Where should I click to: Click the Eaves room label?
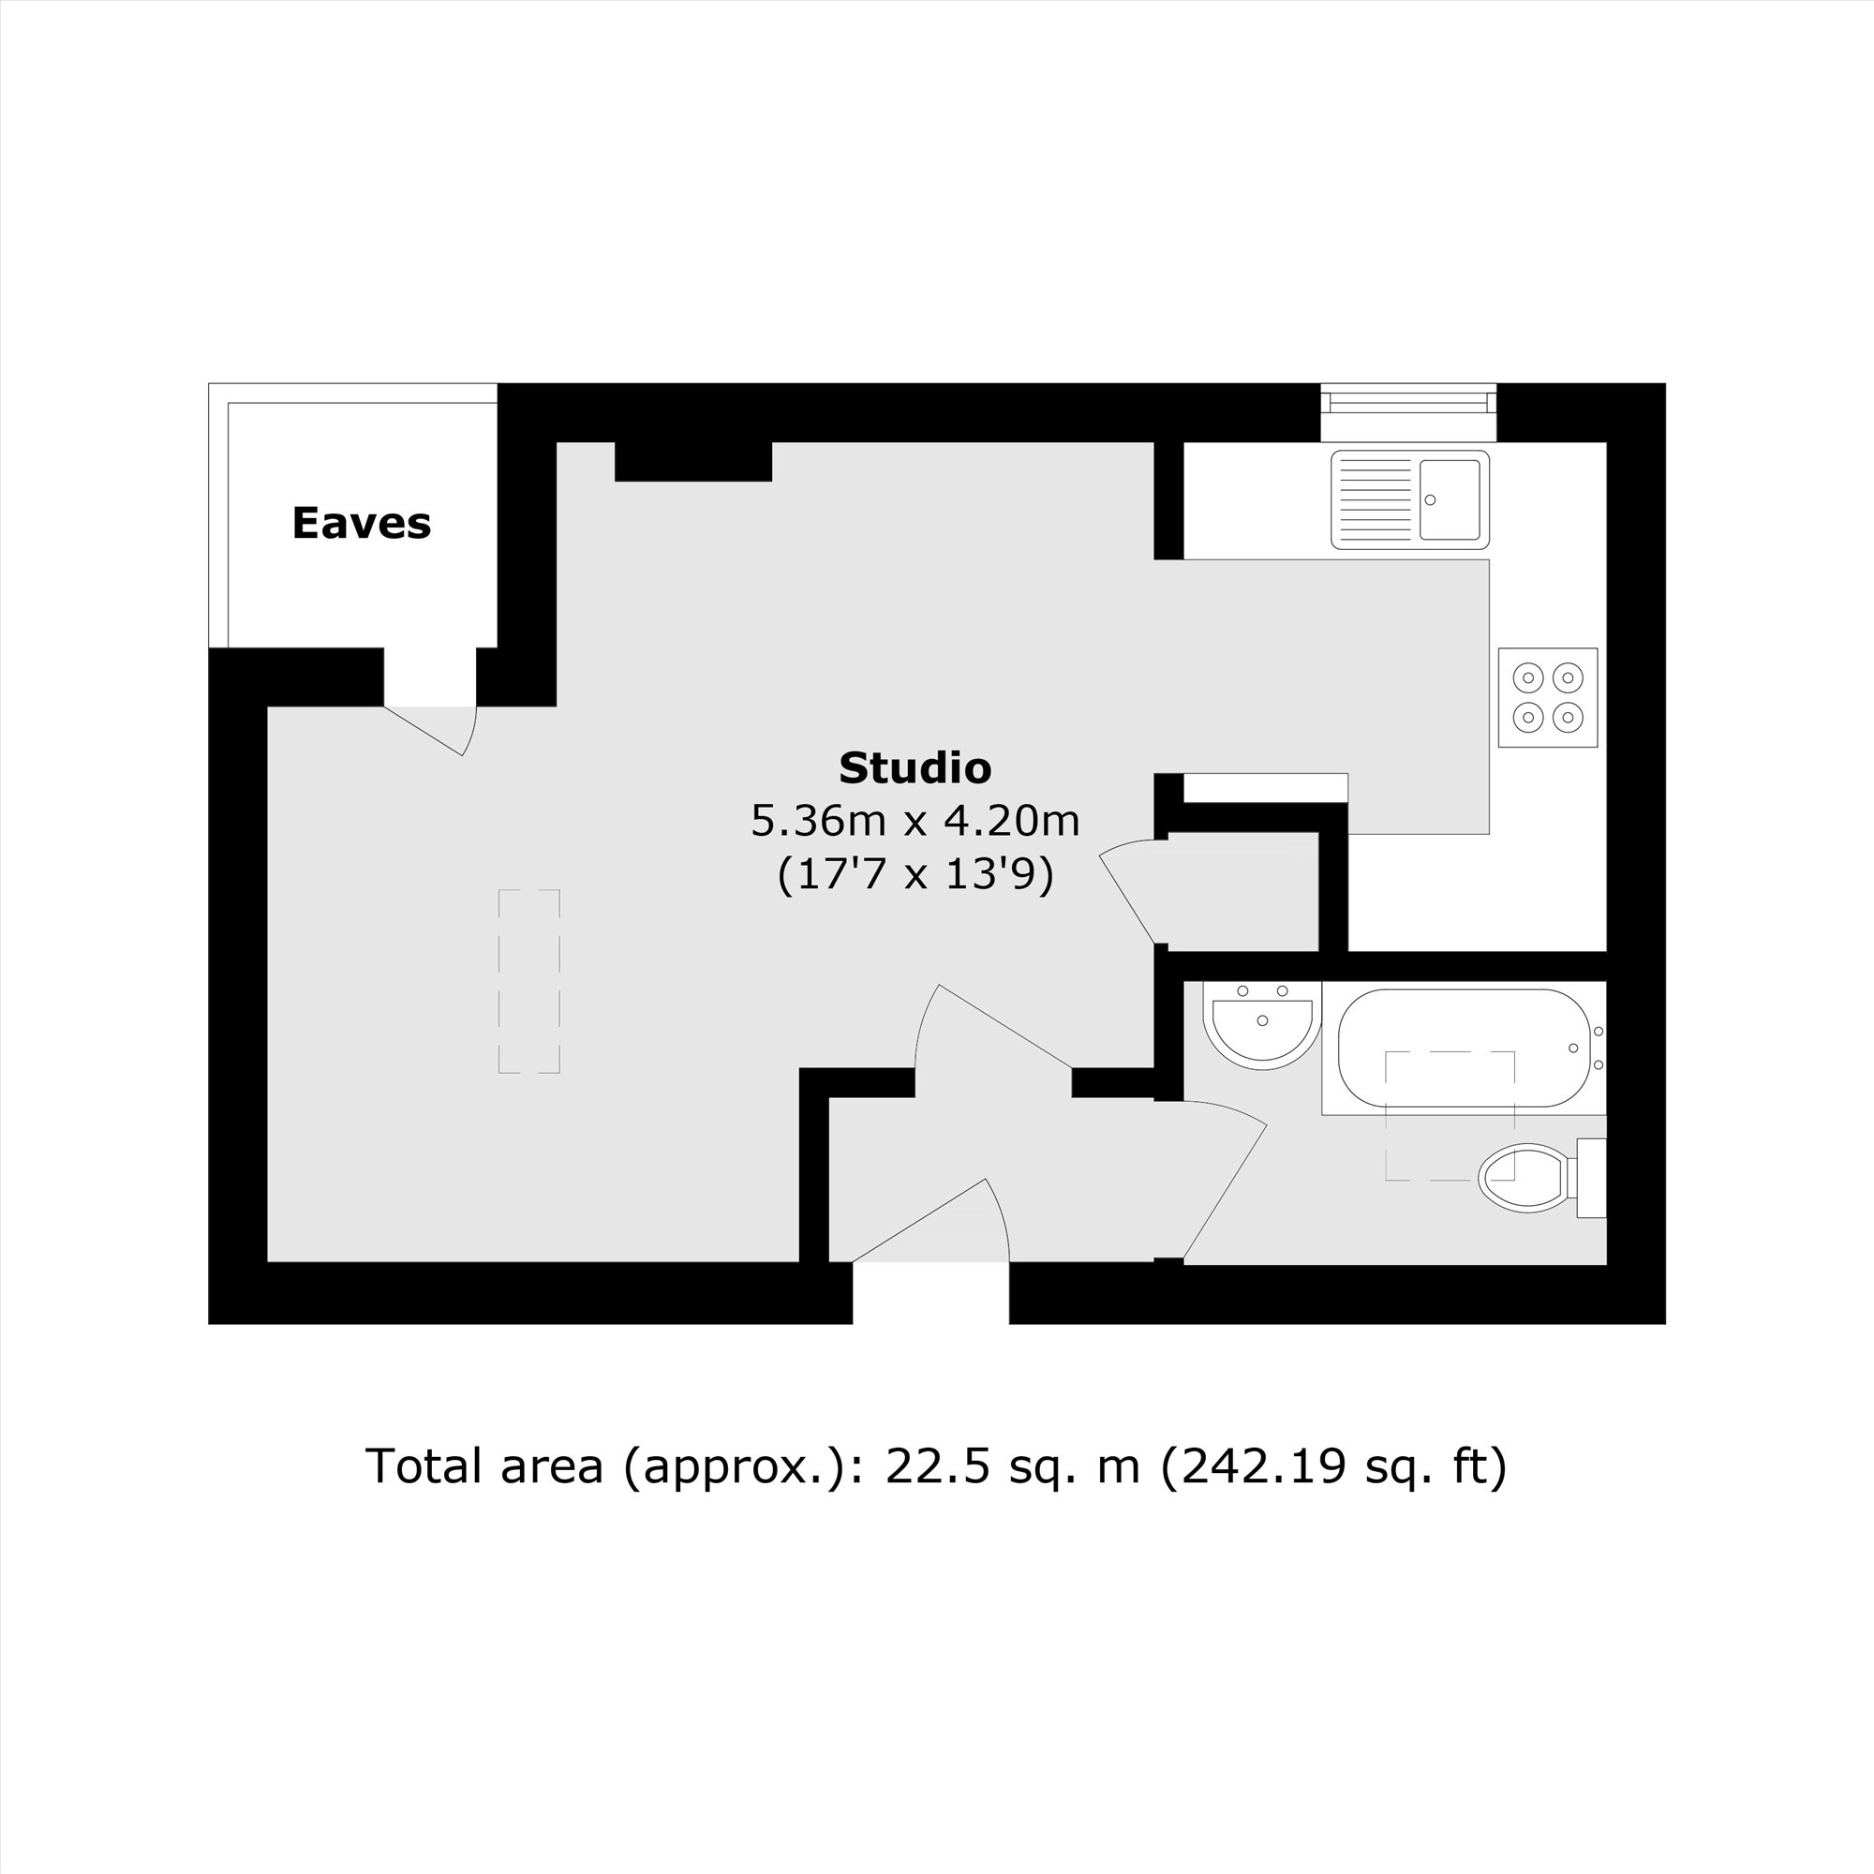[361, 524]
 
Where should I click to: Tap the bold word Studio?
[915, 768]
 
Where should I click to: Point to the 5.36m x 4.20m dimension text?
[915, 821]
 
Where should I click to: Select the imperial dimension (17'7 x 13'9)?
[915, 875]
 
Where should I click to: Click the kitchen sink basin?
[1450, 499]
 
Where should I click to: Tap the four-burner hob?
[1547, 697]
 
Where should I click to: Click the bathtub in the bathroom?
[1463, 1048]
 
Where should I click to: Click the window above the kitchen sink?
[1408, 401]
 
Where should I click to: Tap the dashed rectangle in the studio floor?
[528, 981]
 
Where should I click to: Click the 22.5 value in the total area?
[938, 1465]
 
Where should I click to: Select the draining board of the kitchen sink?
[1376, 499]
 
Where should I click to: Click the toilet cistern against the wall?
[1591, 1178]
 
